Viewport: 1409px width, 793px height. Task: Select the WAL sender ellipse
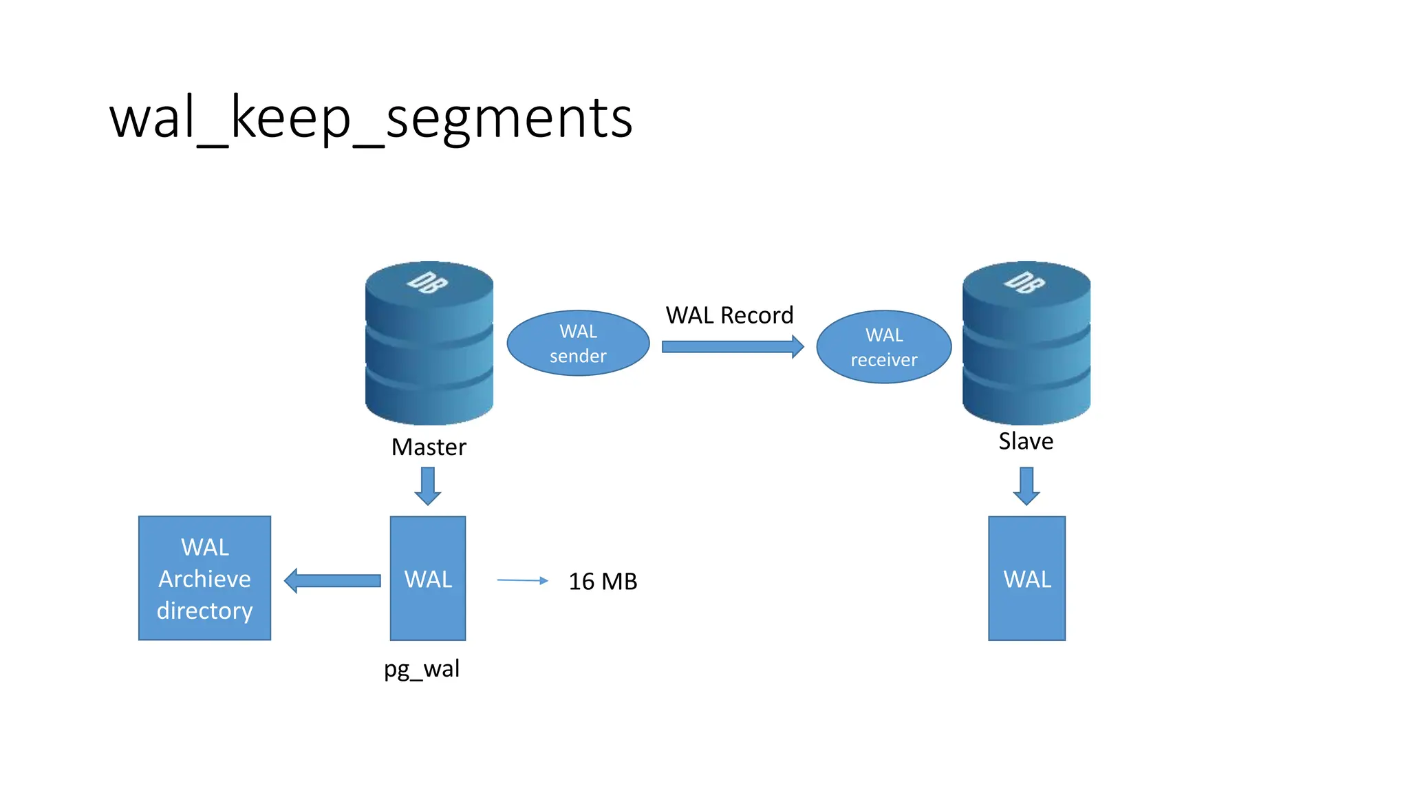click(x=578, y=343)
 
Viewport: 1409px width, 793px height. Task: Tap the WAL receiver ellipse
click(x=883, y=347)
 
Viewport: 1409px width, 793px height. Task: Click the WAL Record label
click(x=729, y=315)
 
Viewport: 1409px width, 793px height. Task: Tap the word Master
click(x=429, y=447)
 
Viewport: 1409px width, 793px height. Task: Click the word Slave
click(x=1026, y=441)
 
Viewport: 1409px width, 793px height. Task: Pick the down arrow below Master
click(x=428, y=486)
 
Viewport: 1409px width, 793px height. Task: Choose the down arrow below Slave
click(x=1026, y=486)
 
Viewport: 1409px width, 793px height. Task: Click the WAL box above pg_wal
click(x=428, y=578)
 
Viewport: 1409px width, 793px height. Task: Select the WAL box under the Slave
click(x=1026, y=578)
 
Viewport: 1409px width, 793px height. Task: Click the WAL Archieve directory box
click(x=204, y=578)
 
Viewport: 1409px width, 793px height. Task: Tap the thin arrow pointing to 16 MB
click(x=522, y=580)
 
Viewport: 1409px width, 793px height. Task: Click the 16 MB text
click(x=603, y=582)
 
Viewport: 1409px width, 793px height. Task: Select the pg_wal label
click(x=422, y=668)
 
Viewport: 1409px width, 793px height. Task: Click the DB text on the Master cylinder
click(x=427, y=282)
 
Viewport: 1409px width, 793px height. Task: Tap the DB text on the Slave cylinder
click(x=1024, y=282)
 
